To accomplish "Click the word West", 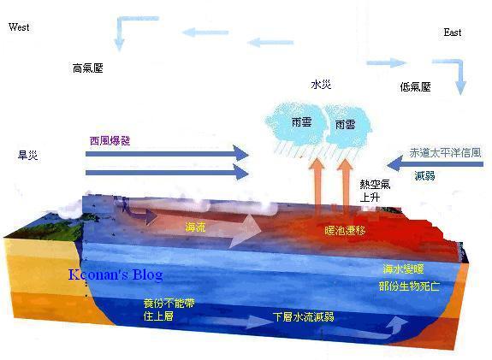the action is click(19, 27).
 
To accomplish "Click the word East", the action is click(452, 32).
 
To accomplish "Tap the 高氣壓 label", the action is click(88, 68).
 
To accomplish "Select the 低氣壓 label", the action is click(415, 87).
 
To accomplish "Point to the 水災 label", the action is click(321, 85).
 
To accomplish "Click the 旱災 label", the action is click(28, 155).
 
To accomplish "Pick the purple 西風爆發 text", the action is click(110, 141).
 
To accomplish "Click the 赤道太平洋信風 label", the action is click(445, 153).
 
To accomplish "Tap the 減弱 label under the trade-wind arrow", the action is click(425, 175).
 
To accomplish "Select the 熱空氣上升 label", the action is click(375, 191).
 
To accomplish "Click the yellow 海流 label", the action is click(195, 227).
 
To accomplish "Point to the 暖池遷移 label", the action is click(345, 231).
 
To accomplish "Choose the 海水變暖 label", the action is click(403, 269).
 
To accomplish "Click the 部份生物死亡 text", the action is click(410, 286).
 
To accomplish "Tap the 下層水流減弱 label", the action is click(304, 316).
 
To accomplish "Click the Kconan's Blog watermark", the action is click(116, 274).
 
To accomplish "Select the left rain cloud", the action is click(295, 124).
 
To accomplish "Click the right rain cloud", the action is click(347, 126).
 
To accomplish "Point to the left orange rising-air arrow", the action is click(317, 185).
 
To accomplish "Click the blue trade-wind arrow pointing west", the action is click(436, 163).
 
